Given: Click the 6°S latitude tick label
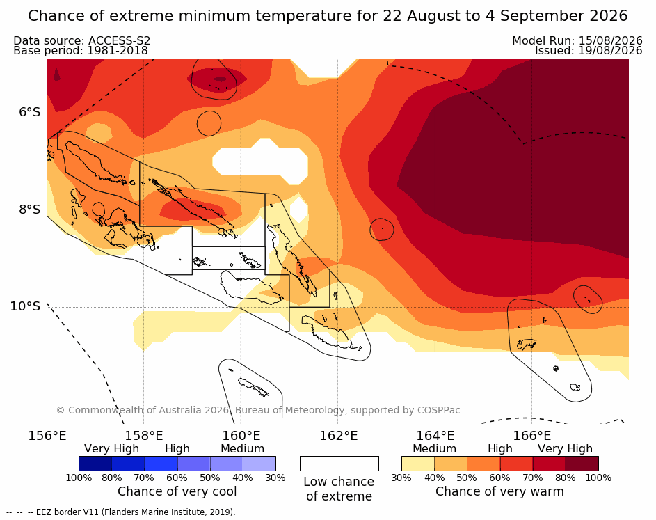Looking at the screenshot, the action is (30, 112).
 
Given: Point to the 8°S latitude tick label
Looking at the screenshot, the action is (30, 210).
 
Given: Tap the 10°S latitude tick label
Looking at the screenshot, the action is (26, 306).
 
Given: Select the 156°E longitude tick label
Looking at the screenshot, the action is (47, 436).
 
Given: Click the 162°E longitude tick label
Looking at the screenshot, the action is (339, 436).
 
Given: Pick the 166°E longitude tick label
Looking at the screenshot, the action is (531, 436).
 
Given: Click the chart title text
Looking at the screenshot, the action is (328, 16).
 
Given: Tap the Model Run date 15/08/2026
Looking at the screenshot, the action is (610, 40).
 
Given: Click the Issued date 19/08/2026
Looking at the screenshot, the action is (610, 51).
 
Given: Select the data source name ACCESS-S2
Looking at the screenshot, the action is (119, 40).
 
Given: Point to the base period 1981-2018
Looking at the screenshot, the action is (117, 51).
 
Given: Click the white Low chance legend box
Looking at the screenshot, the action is (339, 464).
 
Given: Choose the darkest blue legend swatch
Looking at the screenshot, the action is (95, 464).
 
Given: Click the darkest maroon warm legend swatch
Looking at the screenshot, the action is (582, 464).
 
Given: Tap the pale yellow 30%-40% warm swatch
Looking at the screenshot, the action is (418, 464).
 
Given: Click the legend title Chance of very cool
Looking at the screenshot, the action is (177, 491).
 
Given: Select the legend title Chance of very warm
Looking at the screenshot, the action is (499, 491).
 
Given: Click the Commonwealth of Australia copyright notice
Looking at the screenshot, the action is (258, 410).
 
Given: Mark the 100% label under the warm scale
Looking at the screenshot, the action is (598, 478).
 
